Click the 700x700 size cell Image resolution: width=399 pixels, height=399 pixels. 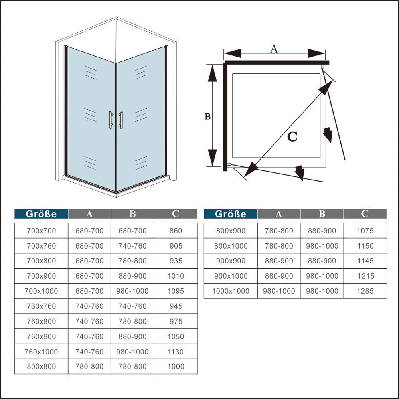[x=41, y=231]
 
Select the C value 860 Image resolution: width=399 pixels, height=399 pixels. [x=176, y=231]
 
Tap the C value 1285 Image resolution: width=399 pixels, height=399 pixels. [x=365, y=291]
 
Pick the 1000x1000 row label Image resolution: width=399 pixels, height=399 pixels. [x=231, y=291]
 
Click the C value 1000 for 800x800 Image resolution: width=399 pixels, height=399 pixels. [x=176, y=366]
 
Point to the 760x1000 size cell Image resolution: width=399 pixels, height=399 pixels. [x=41, y=352]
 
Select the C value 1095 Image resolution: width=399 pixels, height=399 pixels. [x=176, y=291]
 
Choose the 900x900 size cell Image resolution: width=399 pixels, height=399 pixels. [x=231, y=261]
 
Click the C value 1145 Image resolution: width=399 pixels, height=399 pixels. [x=365, y=261]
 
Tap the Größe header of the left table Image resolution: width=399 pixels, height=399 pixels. [x=41, y=214]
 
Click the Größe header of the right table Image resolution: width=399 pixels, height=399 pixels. [x=231, y=214]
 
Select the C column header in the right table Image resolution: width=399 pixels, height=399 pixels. [x=365, y=213]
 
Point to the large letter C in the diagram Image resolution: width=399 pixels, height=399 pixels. [x=292, y=137]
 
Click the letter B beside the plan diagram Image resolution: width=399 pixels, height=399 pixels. [x=207, y=117]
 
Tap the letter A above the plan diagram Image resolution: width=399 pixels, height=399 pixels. [x=274, y=49]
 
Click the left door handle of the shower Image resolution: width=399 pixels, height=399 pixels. [x=110, y=120]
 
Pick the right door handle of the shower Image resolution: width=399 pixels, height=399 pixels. [x=121, y=120]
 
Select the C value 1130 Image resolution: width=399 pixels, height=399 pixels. [x=176, y=352]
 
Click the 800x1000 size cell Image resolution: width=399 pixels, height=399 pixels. [x=231, y=246]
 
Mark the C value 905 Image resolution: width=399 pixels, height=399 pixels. [x=176, y=246]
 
